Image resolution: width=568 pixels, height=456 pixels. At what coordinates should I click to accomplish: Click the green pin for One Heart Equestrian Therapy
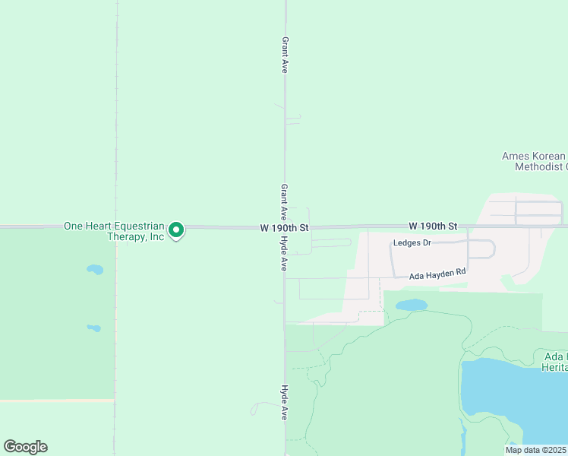pyautogui.click(x=176, y=230)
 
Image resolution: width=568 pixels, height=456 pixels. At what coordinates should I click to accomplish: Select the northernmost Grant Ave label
pyautogui.click(x=285, y=55)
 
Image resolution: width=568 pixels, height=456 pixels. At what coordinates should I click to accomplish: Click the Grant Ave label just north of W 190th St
pyautogui.click(x=284, y=201)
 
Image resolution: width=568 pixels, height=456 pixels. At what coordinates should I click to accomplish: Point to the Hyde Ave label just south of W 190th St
pyautogui.click(x=283, y=253)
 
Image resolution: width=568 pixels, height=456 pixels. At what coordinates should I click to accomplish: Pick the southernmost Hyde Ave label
pyautogui.click(x=284, y=402)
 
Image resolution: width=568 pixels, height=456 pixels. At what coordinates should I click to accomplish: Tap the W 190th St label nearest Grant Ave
pyautogui.click(x=284, y=227)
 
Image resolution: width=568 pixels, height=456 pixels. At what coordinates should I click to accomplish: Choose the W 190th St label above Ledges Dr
pyautogui.click(x=433, y=226)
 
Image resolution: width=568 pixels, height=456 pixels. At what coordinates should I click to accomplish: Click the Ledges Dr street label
pyautogui.click(x=412, y=243)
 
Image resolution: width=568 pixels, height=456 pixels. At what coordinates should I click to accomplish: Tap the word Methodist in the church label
pyautogui.click(x=541, y=166)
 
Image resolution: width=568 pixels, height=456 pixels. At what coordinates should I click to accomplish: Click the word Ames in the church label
pyautogui.click(x=516, y=156)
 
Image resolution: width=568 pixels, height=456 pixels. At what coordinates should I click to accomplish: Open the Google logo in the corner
pyautogui.click(x=25, y=447)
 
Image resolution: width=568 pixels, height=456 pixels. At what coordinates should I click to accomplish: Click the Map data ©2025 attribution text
pyautogui.click(x=535, y=450)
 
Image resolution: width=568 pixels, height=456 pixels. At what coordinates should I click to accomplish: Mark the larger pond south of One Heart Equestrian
pyautogui.click(x=95, y=269)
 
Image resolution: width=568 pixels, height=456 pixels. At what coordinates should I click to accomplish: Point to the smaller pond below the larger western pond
pyautogui.click(x=93, y=328)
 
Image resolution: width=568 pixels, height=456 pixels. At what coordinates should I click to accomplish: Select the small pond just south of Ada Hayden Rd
pyautogui.click(x=412, y=305)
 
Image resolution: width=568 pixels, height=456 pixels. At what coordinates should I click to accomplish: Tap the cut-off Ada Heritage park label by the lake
pyautogui.click(x=555, y=362)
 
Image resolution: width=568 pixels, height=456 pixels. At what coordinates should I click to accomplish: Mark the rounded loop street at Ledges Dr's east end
pyautogui.click(x=483, y=249)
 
